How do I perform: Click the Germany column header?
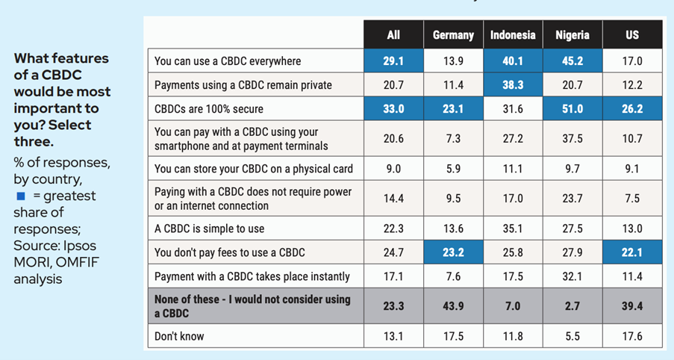pyautogui.click(x=453, y=35)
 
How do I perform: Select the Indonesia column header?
pyautogui.click(x=513, y=35)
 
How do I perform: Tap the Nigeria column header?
pyautogui.click(x=572, y=35)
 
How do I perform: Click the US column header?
pyautogui.click(x=632, y=35)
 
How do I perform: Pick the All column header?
pyautogui.click(x=393, y=35)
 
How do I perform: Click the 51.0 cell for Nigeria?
pyautogui.click(x=572, y=109)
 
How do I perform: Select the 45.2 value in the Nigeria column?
pyautogui.click(x=572, y=61)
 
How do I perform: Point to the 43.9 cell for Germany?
pyautogui.click(x=453, y=306)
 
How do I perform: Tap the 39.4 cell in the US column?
pyautogui.click(x=632, y=306)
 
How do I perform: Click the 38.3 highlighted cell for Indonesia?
pyautogui.click(x=513, y=85)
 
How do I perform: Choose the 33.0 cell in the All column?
pyautogui.click(x=393, y=109)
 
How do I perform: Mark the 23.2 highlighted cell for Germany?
pyautogui.click(x=453, y=252)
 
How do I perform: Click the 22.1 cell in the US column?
pyautogui.click(x=632, y=252)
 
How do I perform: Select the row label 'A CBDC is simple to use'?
pyautogui.click(x=209, y=229)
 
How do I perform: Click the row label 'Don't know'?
pyautogui.click(x=179, y=336)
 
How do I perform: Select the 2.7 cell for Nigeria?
pyautogui.click(x=572, y=306)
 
